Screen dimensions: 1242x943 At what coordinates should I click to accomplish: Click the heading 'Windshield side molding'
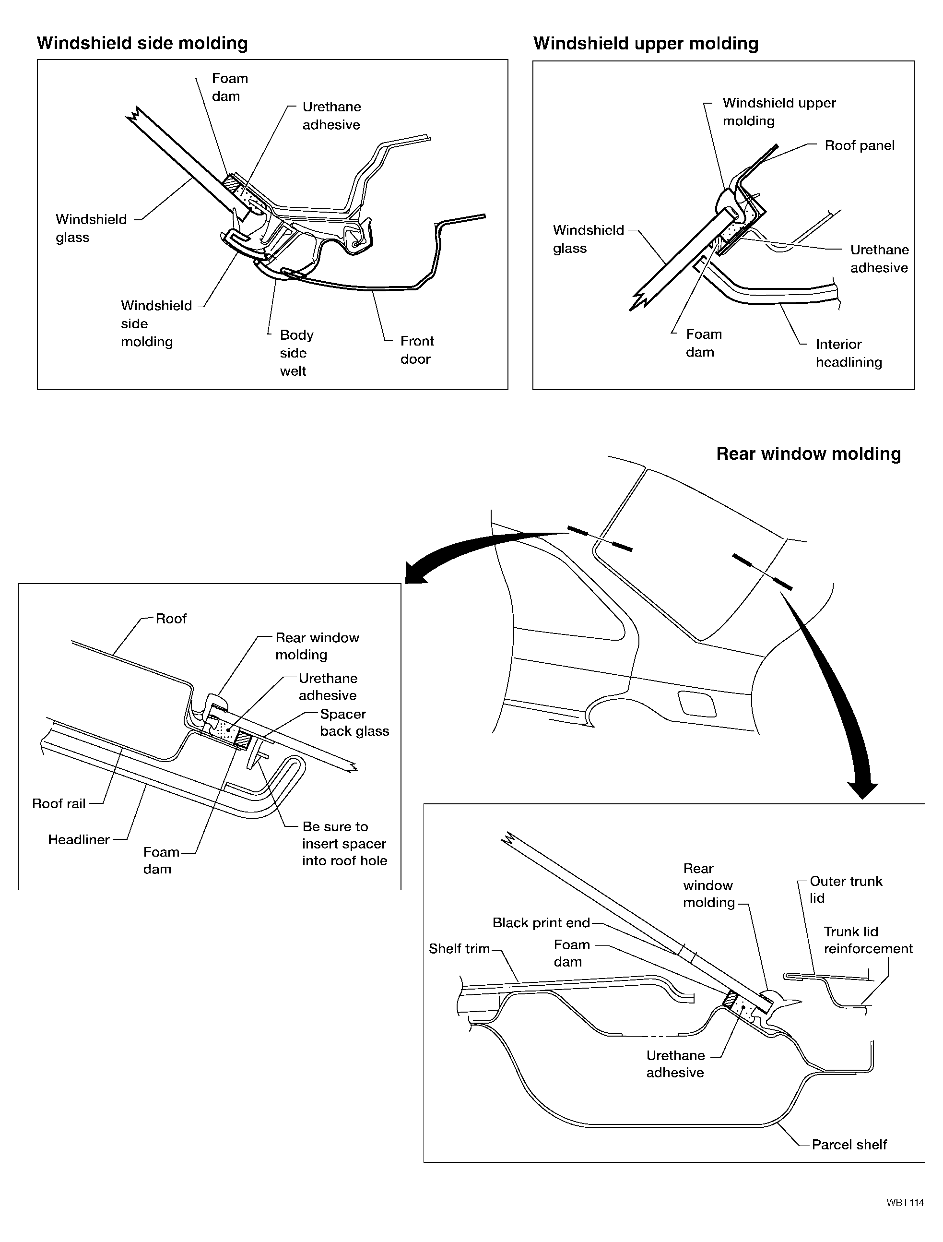[142, 43]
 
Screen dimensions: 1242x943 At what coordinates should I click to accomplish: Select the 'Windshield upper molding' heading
[646, 43]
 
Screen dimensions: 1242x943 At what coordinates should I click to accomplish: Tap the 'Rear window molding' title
[808, 454]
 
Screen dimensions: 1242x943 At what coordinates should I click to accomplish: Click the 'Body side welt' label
[296, 353]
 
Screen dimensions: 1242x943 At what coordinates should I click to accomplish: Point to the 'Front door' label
[416, 350]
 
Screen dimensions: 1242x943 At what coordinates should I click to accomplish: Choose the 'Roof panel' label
[860, 145]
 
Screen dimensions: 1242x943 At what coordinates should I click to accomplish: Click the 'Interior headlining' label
[848, 353]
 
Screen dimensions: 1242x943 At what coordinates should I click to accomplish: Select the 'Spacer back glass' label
[354, 723]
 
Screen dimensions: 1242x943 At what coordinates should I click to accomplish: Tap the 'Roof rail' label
[59, 803]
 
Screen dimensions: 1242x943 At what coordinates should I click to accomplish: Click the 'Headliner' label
[79, 839]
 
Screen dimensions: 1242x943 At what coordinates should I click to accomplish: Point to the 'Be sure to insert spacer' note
[344, 843]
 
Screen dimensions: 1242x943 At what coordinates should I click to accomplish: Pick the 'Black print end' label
[541, 922]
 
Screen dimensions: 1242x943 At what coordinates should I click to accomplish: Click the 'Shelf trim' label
[459, 948]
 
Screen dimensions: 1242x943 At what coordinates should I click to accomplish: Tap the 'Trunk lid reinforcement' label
[868, 940]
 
